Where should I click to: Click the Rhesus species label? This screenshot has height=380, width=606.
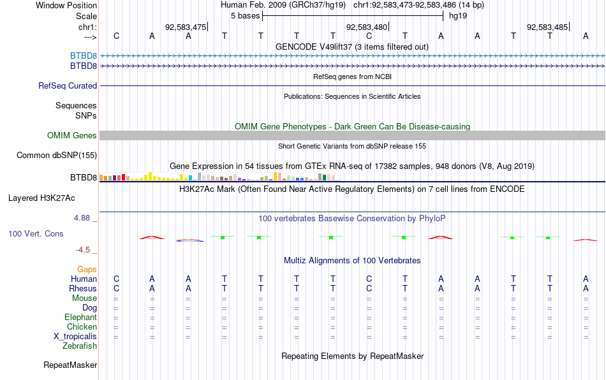click(83, 288)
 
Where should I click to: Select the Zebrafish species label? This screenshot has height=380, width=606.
click(80, 346)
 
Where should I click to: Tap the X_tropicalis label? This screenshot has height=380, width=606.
click(75, 337)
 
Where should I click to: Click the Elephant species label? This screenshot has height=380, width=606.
click(80, 317)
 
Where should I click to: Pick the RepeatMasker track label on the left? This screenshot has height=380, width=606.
click(70, 365)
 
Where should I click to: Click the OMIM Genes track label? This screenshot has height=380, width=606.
click(71, 136)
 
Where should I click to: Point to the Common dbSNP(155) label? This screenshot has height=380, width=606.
click(56, 155)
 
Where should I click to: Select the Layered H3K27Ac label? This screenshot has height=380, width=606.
click(41, 198)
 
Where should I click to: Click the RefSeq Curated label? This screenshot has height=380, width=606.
click(67, 85)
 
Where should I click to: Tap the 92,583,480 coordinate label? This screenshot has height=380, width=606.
click(366, 27)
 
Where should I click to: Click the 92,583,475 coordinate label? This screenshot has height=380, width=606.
click(186, 27)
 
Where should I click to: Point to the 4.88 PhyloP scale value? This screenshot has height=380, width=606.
click(82, 218)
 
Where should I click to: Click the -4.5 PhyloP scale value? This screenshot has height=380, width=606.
click(83, 250)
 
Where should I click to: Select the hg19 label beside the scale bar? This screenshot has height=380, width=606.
click(458, 16)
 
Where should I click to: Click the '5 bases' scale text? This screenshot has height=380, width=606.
click(245, 16)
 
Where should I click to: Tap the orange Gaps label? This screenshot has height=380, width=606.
click(87, 269)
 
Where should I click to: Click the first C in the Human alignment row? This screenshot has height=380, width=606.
click(116, 279)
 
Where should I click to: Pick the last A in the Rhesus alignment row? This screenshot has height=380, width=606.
click(586, 288)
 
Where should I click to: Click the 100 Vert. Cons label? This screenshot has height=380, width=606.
click(36, 233)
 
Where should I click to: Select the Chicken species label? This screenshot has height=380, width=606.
click(82, 326)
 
